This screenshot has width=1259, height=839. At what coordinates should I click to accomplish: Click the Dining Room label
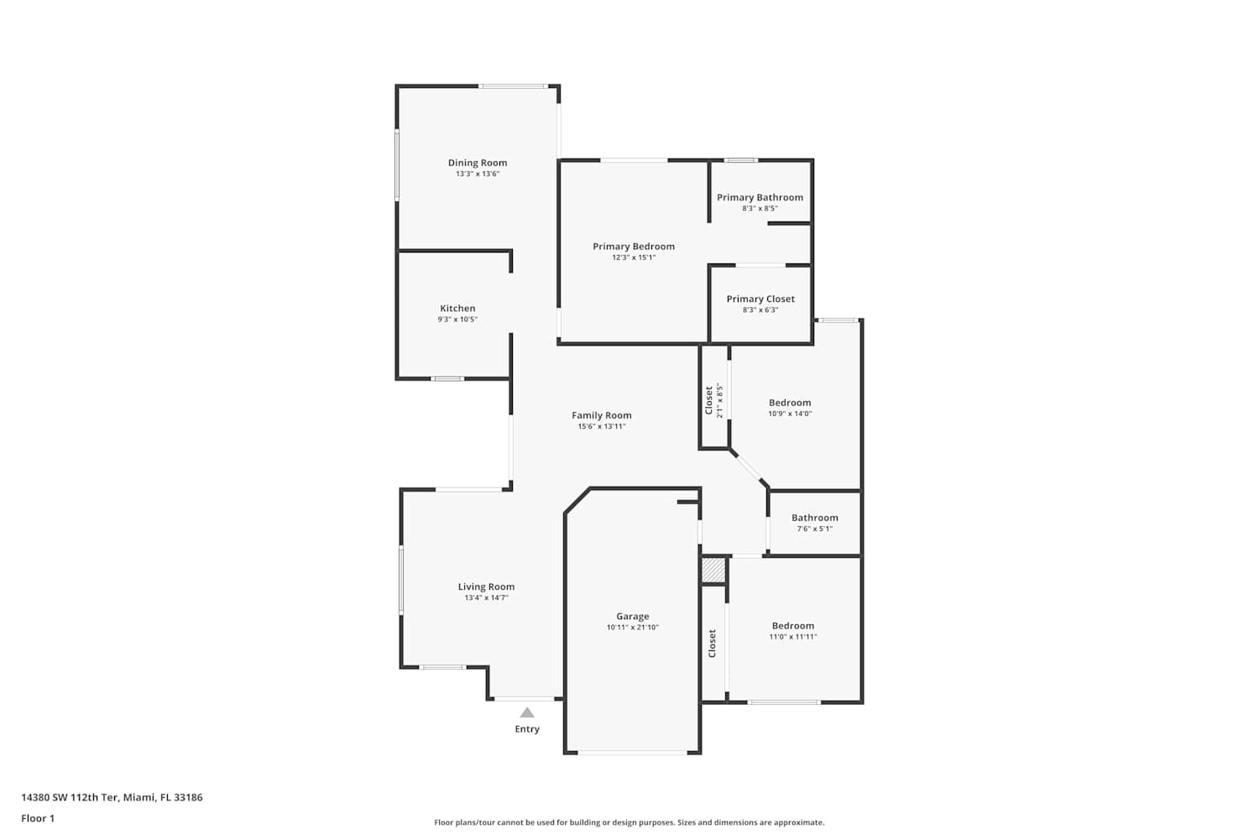click(x=478, y=163)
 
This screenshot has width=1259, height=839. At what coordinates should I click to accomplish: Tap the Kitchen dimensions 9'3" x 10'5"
click(x=457, y=319)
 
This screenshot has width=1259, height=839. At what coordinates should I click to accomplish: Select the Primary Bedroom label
click(x=634, y=247)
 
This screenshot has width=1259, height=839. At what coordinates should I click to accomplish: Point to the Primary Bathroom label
click(x=760, y=197)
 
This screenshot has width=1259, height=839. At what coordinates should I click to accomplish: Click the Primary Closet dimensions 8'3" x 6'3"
click(x=760, y=310)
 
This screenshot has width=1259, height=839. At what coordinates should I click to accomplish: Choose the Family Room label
click(x=602, y=415)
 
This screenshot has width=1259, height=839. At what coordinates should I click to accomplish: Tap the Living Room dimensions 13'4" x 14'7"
click(x=486, y=597)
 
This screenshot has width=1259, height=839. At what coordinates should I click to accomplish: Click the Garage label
click(x=632, y=617)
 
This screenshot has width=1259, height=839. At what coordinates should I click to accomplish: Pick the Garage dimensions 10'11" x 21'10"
click(x=632, y=627)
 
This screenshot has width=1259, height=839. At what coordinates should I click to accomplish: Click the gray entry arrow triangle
click(x=526, y=713)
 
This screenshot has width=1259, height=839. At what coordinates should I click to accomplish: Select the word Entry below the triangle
click(x=526, y=729)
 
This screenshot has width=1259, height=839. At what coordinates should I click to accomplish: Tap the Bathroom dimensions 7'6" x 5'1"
click(x=814, y=529)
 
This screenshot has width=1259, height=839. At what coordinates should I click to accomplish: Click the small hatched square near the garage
click(x=713, y=571)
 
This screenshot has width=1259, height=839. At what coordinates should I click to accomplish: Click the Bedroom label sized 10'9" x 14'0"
click(x=790, y=403)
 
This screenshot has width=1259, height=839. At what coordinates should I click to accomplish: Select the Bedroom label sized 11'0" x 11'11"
click(x=792, y=626)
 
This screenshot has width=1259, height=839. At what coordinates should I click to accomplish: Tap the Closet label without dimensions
click(x=712, y=644)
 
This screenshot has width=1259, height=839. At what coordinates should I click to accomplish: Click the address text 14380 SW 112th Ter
click(x=70, y=797)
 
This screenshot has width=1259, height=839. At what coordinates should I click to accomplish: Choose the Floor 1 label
click(x=38, y=819)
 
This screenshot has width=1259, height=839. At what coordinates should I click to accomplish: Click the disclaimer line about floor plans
click(x=629, y=823)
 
